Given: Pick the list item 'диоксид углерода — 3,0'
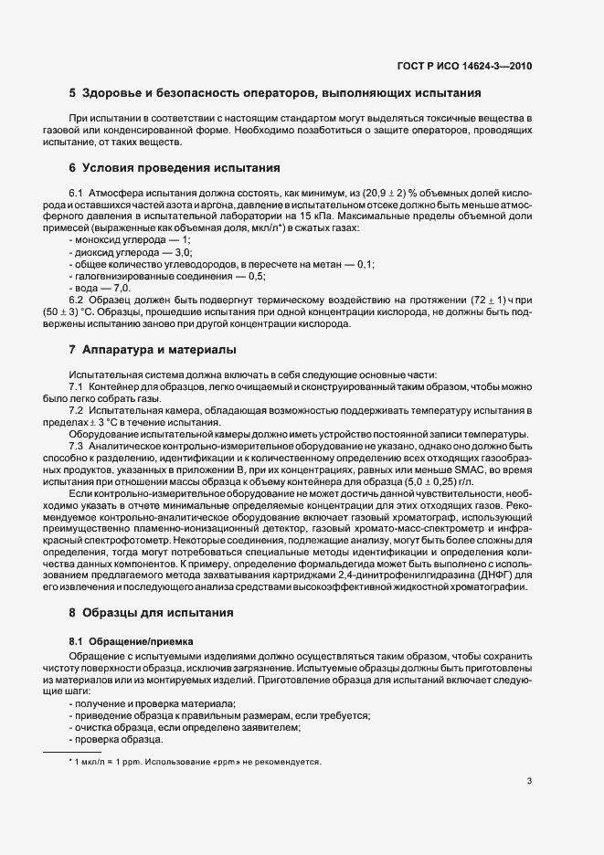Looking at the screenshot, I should [129, 250].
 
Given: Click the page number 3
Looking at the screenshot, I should [529, 781].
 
